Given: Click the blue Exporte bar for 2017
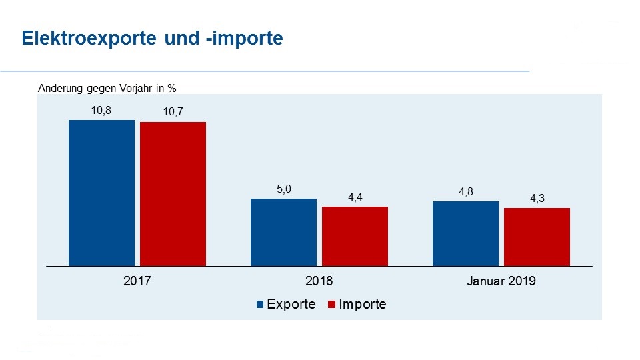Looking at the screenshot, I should [x=102, y=193].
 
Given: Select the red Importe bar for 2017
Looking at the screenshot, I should [x=173, y=194].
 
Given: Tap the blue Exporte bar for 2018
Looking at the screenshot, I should [x=283, y=233].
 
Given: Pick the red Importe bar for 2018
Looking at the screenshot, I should [x=355, y=237].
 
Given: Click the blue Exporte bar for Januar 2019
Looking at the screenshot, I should [x=465, y=234].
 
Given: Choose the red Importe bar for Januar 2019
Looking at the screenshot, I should [x=537, y=237].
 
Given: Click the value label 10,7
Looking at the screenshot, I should [x=173, y=113].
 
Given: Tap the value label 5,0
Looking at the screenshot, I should [x=283, y=189].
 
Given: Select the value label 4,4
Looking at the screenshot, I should [x=355, y=197].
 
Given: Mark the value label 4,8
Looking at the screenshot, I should [x=465, y=192].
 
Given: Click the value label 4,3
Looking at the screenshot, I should [x=537, y=199].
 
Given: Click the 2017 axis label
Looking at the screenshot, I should [x=137, y=281].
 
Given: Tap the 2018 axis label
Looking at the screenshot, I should [x=319, y=281].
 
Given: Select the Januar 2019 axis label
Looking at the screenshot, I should [x=501, y=281].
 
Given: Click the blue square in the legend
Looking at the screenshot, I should [x=261, y=305].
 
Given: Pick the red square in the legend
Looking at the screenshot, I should [x=332, y=305].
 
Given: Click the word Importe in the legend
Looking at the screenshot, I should [x=363, y=305].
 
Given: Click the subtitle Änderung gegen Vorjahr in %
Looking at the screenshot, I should [x=107, y=87].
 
